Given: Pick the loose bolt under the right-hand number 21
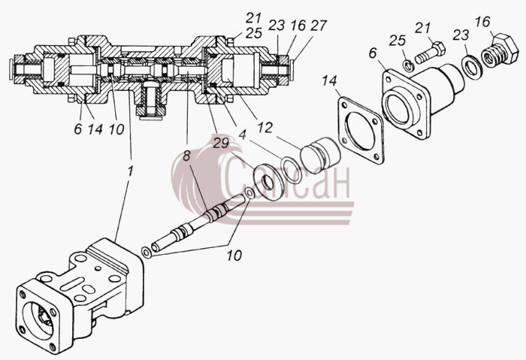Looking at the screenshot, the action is [x=431, y=53].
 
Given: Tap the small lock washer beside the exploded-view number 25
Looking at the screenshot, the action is [x=409, y=65].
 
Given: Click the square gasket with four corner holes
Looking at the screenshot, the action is [x=361, y=130].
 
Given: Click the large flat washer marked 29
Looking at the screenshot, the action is [x=269, y=182].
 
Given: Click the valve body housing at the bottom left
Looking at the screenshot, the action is [x=80, y=296].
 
